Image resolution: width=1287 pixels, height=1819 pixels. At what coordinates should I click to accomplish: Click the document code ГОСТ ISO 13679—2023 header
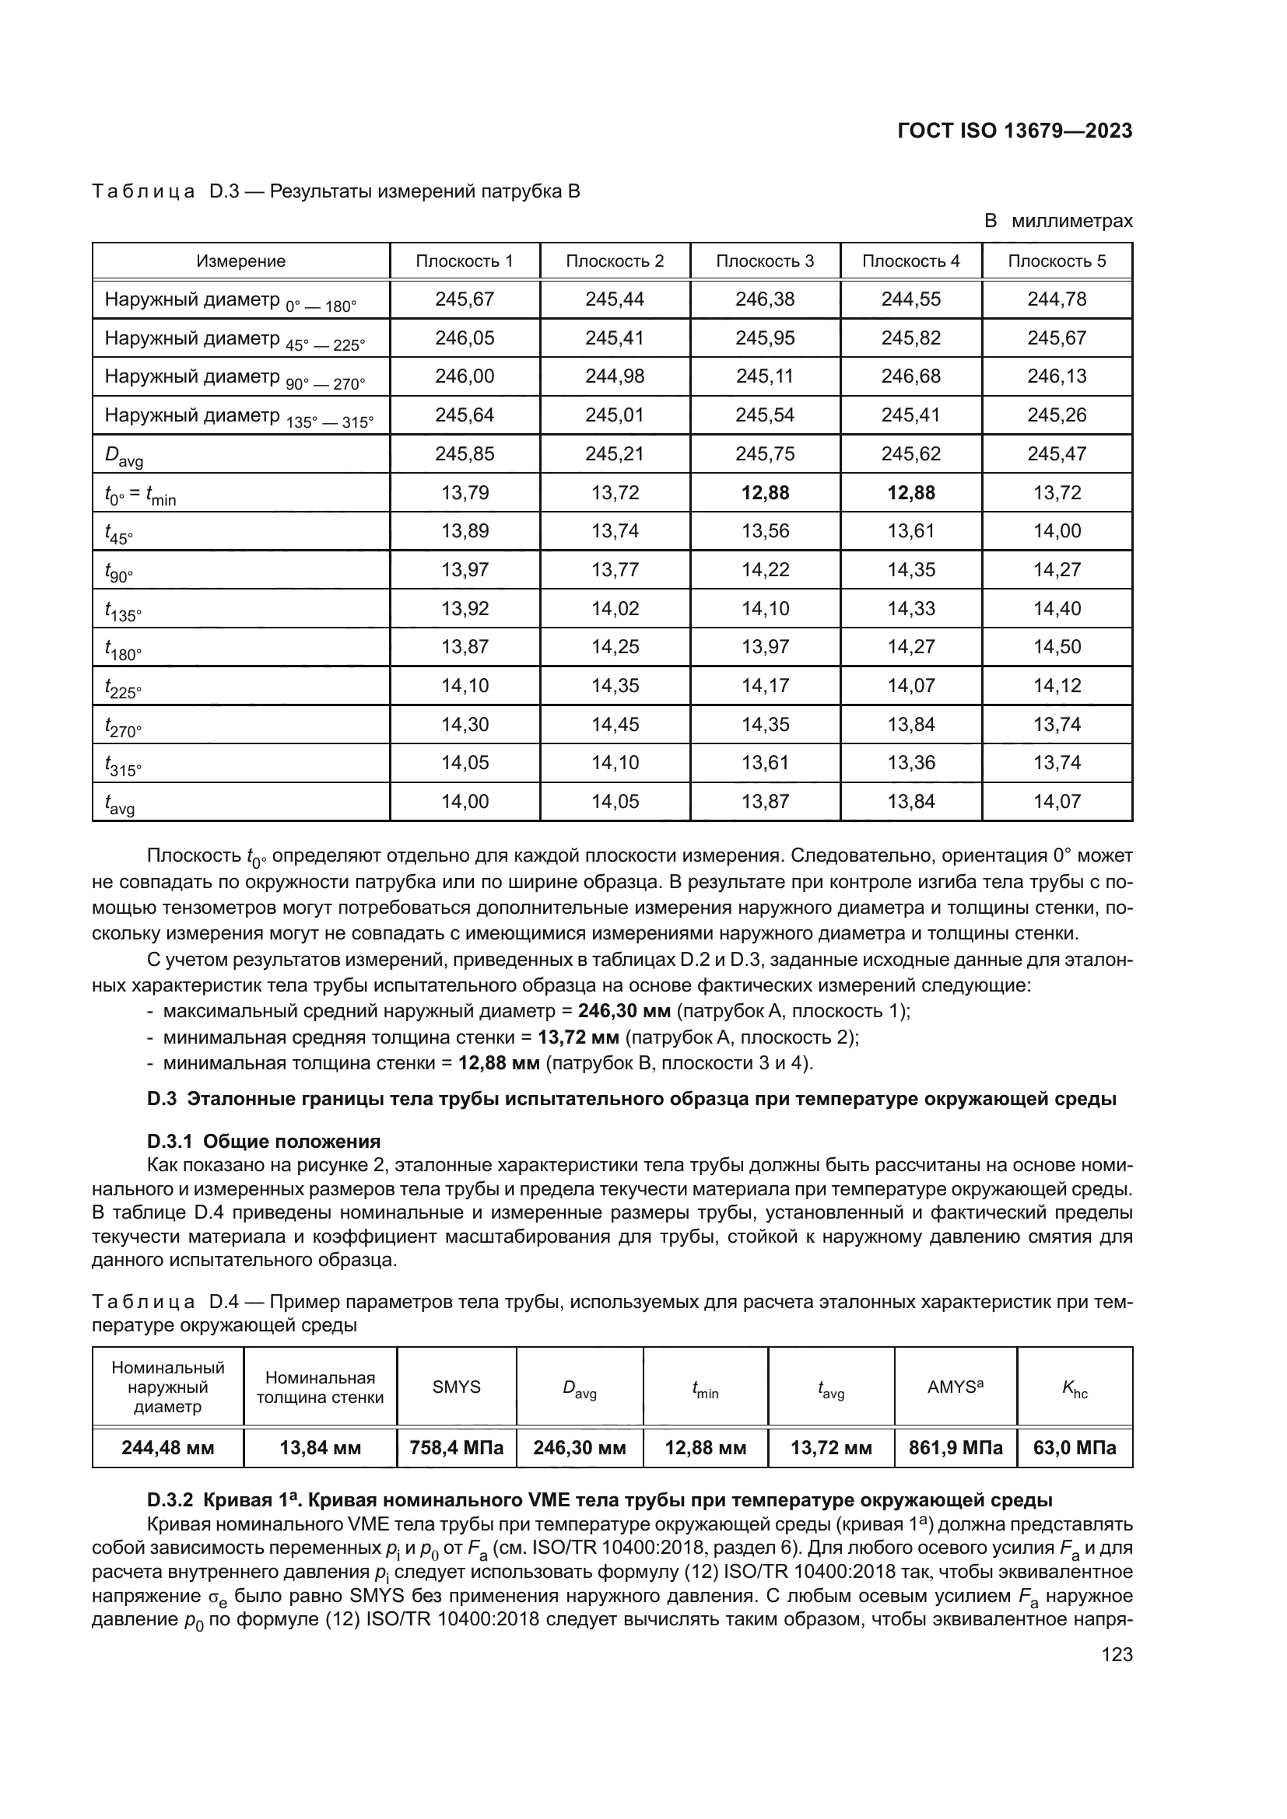[1015, 131]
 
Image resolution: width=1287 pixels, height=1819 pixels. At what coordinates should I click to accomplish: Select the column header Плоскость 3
[764, 261]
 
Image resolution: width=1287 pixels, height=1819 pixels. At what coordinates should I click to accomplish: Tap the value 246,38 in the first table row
[764, 299]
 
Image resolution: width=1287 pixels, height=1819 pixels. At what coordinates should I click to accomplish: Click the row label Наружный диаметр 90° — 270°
[234, 378]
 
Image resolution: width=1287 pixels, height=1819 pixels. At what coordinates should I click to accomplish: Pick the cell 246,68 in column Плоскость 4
[910, 376]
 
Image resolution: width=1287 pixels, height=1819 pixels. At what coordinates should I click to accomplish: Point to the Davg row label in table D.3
[124, 456]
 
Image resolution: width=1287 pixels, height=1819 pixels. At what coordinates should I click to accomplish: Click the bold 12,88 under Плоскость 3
[765, 493]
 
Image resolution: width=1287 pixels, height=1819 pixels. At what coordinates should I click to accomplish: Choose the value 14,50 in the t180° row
[1057, 646]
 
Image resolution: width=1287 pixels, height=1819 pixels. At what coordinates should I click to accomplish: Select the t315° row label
[123, 764]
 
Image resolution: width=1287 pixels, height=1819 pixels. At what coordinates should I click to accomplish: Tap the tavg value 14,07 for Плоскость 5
[1057, 801]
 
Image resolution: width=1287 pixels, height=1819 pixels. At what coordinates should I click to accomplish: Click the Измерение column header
[241, 261]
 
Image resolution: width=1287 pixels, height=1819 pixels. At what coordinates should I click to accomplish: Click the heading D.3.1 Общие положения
[264, 1141]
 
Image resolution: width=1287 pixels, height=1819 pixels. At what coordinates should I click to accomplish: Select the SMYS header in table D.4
[457, 1387]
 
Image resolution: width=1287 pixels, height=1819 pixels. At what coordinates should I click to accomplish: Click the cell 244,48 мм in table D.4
[168, 1448]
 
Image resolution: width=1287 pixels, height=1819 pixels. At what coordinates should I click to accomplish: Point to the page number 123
[1117, 1654]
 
